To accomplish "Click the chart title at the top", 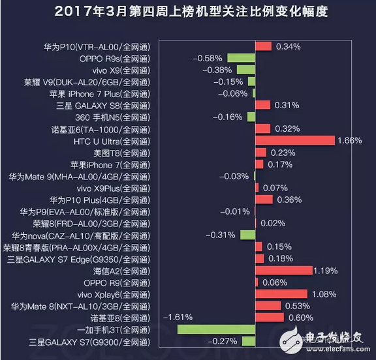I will (x=188, y=12).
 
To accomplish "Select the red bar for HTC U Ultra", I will (x=294, y=140).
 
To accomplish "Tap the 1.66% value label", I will (x=350, y=140).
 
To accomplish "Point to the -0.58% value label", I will (x=208, y=58).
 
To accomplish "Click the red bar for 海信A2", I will (x=283, y=270).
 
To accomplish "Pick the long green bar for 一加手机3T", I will (x=216, y=329).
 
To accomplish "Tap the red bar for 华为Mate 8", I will (x=268, y=305).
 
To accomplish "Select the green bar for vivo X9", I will (x=245, y=70).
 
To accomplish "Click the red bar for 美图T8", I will (x=260, y=152).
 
